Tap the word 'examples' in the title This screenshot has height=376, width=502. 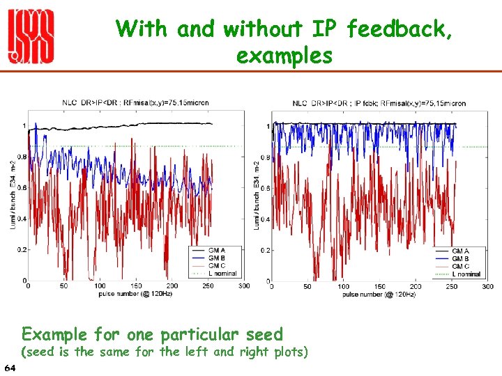coord(284,55)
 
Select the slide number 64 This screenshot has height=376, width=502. coord(10,367)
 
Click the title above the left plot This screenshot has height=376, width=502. coord(135,102)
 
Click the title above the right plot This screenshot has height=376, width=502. coord(379,103)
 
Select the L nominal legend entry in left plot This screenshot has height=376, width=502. coord(222,274)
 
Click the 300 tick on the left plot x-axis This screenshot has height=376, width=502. coord(244,286)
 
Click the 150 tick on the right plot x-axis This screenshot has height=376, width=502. coord(379,286)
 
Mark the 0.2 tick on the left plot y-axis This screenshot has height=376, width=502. coord(21,249)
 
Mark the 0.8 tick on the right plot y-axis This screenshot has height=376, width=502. coord(264,157)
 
